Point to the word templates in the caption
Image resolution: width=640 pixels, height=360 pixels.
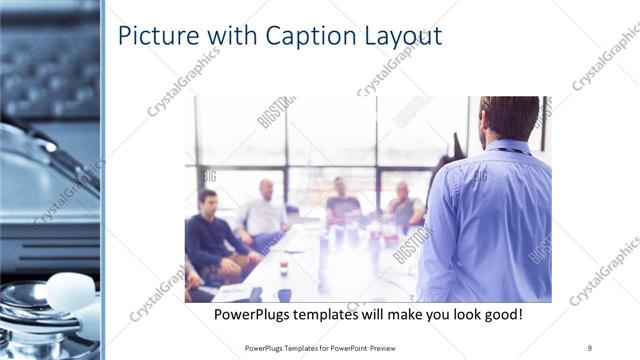343,314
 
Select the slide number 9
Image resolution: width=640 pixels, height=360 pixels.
590,347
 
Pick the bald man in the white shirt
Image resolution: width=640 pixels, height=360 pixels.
264,212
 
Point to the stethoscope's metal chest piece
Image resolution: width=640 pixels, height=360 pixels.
25,305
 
